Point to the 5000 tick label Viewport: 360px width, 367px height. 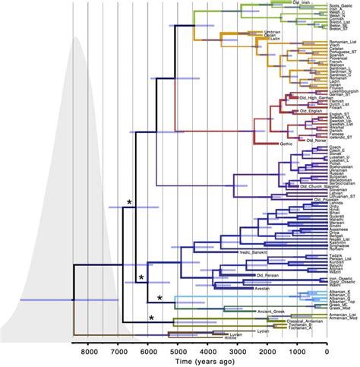(x=178, y=352)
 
